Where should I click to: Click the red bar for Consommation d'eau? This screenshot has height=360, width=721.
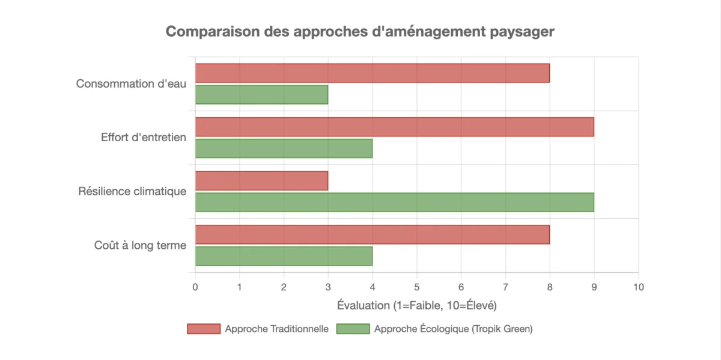click(372, 73)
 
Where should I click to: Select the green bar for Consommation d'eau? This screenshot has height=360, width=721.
click(261, 94)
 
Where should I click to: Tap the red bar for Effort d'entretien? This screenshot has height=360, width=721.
click(394, 127)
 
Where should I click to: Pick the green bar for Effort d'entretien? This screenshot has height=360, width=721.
click(284, 148)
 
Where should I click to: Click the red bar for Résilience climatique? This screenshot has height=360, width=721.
click(261, 181)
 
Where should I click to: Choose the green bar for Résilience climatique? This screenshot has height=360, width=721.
click(394, 202)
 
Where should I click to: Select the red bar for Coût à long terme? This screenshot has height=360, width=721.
click(372, 234)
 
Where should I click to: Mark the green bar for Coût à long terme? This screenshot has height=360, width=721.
click(284, 256)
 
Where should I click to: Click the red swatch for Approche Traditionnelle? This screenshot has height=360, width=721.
click(204, 329)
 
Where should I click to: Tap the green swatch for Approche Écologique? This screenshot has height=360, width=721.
click(353, 329)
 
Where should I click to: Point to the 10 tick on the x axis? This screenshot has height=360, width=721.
click(638, 287)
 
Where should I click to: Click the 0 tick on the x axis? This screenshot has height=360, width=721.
click(195, 287)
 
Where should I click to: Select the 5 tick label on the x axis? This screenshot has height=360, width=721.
click(416, 287)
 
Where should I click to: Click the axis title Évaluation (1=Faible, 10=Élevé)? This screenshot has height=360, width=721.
click(416, 305)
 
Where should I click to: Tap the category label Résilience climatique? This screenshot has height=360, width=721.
click(132, 192)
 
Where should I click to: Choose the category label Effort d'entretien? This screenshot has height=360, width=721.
click(144, 138)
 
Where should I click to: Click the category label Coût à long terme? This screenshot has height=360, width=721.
click(140, 245)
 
